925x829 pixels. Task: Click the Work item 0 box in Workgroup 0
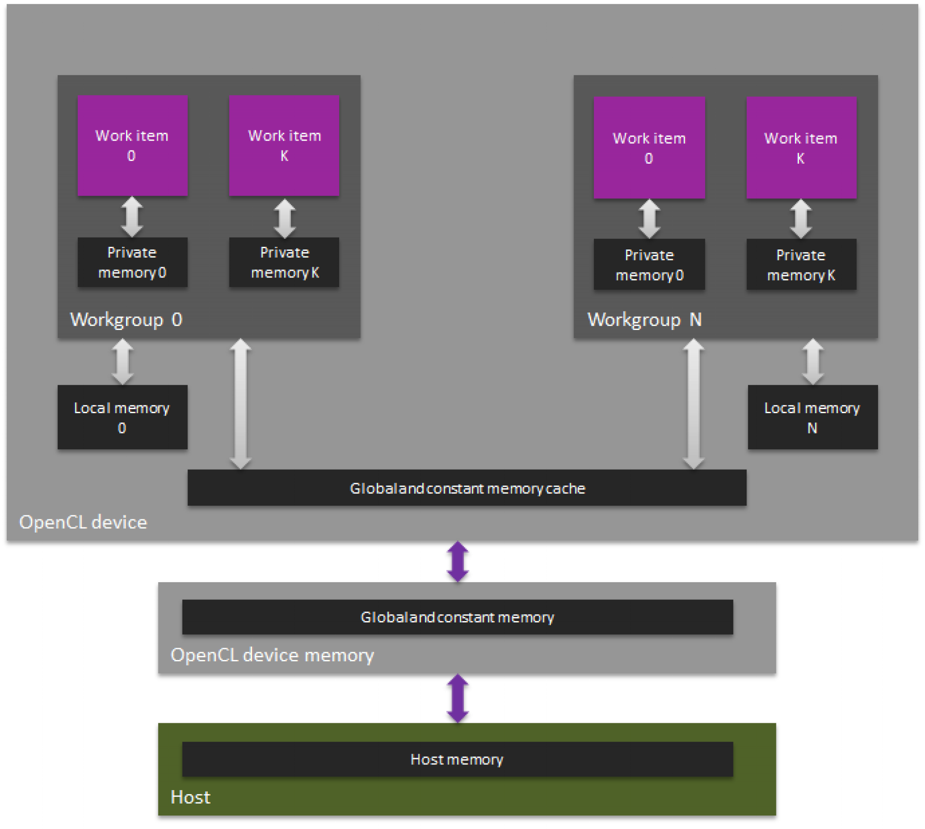[132, 146]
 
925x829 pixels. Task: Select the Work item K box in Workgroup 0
[284, 146]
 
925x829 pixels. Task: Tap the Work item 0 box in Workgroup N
[649, 148]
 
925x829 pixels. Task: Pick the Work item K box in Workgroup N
[801, 148]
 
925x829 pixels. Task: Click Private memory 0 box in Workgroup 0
[132, 262]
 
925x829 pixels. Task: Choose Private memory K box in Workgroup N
[801, 264]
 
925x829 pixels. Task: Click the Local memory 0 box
[122, 417]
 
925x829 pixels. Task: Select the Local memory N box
[813, 417]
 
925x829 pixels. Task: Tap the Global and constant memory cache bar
[467, 488]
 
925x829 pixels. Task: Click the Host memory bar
[458, 759]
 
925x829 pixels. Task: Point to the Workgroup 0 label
[126, 320]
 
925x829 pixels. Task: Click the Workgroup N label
[644, 320]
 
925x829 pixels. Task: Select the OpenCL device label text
[83, 522]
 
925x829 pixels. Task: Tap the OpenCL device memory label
[272, 655]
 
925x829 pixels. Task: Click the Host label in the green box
[190, 797]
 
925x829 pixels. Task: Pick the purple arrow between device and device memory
[458, 561]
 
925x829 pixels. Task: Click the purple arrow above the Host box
[458, 698]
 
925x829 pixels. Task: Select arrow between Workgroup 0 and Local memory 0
[122, 362]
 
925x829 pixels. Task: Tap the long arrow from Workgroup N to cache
[693, 404]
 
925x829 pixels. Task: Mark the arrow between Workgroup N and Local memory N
[813, 362]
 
